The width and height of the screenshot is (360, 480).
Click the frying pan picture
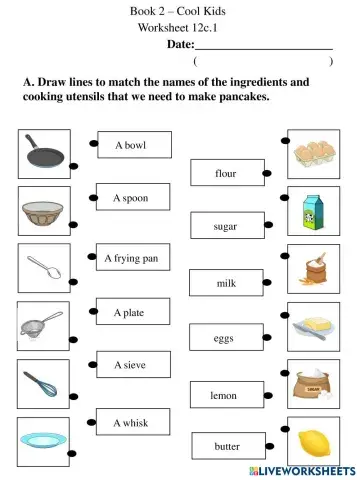coord(44,154)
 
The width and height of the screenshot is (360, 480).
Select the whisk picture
coord(44,383)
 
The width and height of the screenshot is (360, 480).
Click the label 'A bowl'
coord(130,146)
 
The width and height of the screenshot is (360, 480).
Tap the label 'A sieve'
coord(130,365)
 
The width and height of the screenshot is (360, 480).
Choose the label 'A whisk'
coord(130,423)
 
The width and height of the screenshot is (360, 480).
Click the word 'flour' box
coord(226,173)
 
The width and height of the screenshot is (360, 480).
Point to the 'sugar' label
coord(226,227)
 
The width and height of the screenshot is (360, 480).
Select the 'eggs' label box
coord(224,339)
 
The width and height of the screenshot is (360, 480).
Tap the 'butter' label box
coord(227,446)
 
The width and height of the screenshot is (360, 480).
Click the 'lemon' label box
coord(224,395)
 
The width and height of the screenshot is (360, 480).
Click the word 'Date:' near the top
coord(180,44)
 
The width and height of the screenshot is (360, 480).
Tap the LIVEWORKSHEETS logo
coord(306,470)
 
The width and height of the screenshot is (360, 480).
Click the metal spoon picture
coord(44,268)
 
